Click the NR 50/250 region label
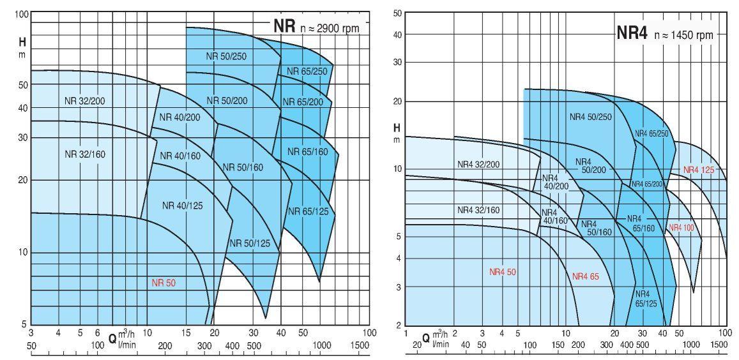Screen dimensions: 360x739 tap(226, 56)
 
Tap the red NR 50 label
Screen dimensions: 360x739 tap(163, 283)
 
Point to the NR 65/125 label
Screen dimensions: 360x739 tap(307, 211)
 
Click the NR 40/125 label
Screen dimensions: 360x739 tap(182, 205)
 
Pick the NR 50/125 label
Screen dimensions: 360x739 tap(249, 243)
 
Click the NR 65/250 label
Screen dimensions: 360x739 tap(307, 71)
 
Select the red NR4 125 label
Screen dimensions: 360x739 tap(698, 170)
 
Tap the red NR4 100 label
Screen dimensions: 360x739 tap(682, 227)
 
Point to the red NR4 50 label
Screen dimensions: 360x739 tap(503, 272)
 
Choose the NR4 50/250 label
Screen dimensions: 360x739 tap(590, 117)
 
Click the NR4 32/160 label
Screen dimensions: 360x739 tap(478, 209)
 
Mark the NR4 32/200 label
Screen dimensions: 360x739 tap(478, 164)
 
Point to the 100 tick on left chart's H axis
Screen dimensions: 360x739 tap(21, 15)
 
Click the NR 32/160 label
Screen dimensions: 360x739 tap(84, 154)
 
